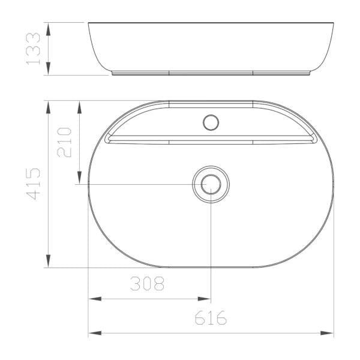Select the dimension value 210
64,142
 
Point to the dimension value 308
147,284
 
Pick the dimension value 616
211,317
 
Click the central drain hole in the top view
211,184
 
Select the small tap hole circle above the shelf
211,122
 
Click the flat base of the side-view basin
211,74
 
